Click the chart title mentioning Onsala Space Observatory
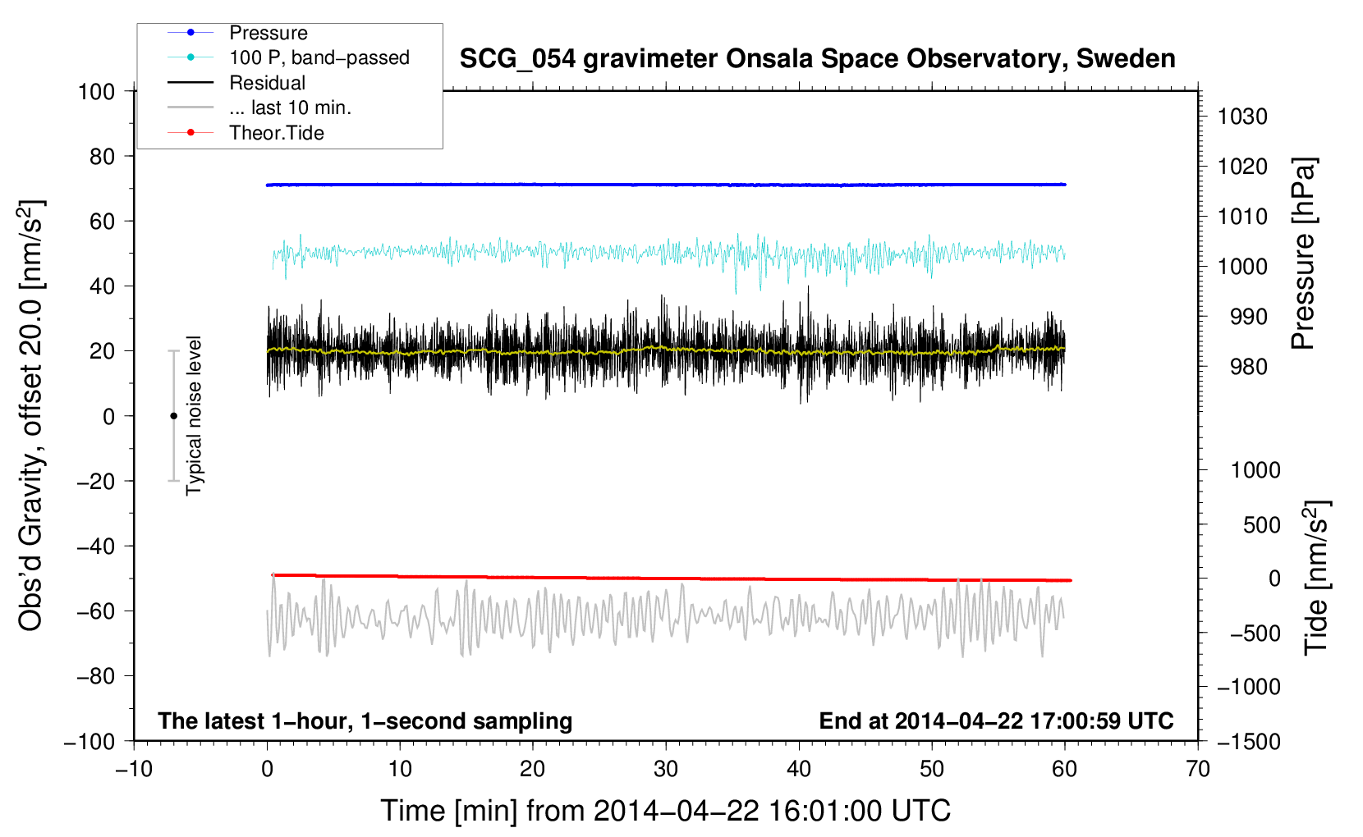point(817,59)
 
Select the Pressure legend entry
point(268,33)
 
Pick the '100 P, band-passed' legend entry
point(319,57)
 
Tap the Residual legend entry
point(267,83)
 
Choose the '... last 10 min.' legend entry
point(290,107)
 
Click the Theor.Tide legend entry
point(276,133)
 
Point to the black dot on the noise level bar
point(173,416)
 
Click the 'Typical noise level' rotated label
point(194,416)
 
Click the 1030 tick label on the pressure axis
point(1242,117)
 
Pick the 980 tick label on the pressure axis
point(1242,367)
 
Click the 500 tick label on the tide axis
point(1261,524)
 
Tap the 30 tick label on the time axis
point(666,769)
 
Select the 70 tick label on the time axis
point(1198,769)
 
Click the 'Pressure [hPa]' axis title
point(1303,254)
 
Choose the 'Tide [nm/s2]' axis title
point(1316,577)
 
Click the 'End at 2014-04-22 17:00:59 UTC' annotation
point(996,720)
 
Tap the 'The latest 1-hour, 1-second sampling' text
point(365,720)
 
